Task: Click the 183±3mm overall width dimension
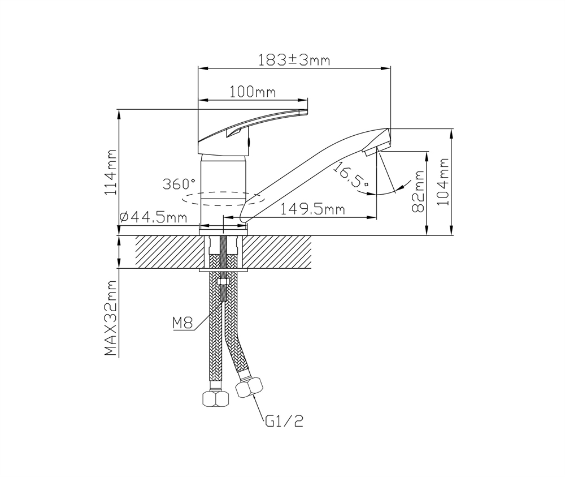294,60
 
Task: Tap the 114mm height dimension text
111,172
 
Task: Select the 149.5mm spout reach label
312,209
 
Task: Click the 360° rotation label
179,184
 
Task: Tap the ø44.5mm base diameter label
153,217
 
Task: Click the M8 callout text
182,323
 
